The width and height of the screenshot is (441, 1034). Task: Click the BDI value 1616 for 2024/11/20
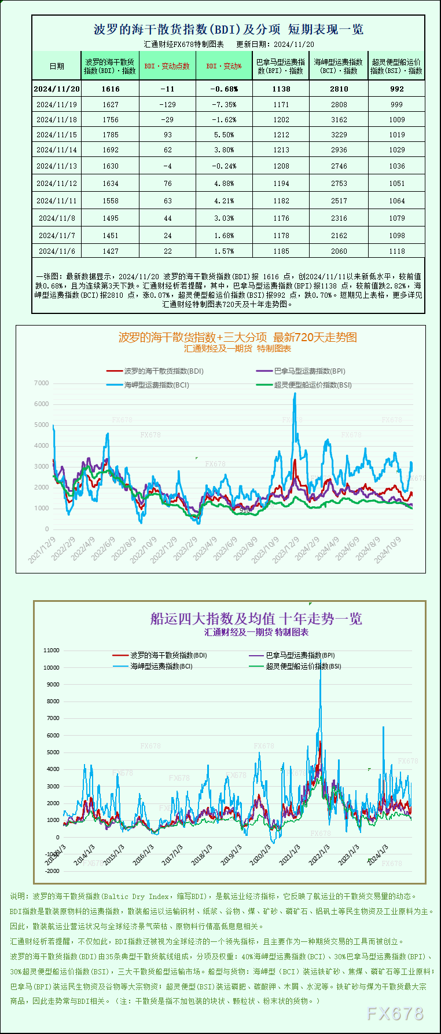coord(110,89)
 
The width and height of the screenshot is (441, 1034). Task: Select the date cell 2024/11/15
coord(57,134)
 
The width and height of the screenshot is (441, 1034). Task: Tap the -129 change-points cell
coord(167,104)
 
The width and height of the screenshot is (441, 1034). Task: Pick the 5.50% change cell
coord(224,134)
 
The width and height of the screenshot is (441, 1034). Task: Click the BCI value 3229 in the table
coord(339,134)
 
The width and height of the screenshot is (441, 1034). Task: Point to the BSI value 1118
coord(397,251)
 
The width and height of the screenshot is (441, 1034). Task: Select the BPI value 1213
coord(281,149)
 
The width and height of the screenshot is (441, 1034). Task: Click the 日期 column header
coord(57,66)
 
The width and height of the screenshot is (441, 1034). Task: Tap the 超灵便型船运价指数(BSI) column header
coord(396,66)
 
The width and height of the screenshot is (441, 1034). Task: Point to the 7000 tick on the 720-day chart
coord(42,383)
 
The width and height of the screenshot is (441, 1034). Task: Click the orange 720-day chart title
coord(237,337)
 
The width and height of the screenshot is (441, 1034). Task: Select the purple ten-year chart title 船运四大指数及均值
coord(256,619)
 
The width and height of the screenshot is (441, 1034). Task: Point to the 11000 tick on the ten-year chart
coord(52,650)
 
